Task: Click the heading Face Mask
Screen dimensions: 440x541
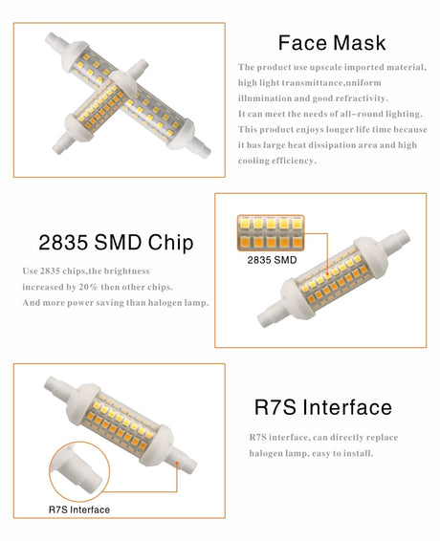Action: point(332,43)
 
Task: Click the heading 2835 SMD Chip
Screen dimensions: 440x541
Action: point(116,242)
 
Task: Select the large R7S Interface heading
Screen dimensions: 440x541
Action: point(323,407)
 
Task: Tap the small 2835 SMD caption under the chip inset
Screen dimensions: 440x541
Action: point(272,260)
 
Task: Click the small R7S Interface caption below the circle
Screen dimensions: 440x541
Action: point(79,509)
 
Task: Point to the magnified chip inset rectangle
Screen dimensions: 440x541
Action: point(271,233)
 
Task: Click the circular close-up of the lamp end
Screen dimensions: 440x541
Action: point(79,471)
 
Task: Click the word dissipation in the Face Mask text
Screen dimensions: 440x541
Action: point(332,145)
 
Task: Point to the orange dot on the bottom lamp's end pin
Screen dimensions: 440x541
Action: point(177,463)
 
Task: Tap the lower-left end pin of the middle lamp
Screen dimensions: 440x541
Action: point(271,315)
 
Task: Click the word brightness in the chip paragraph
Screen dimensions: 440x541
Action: point(127,271)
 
